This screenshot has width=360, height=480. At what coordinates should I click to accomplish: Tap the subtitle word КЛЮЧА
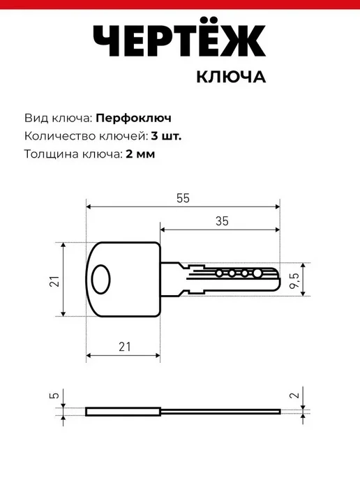point(231,77)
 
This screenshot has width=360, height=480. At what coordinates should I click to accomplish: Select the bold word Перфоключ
point(133,118)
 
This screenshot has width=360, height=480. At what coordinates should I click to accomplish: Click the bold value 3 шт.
point(166,136)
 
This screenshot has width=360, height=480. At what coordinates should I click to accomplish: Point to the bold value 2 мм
point(140,153)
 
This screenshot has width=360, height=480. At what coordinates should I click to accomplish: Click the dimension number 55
point(183,198)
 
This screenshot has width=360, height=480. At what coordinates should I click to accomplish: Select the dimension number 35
point(222,221)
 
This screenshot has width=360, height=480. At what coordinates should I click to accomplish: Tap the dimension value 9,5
point(294,280)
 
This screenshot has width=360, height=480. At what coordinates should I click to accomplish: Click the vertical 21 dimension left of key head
point(54,281)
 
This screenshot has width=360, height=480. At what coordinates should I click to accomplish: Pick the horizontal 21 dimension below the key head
point(125,347)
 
